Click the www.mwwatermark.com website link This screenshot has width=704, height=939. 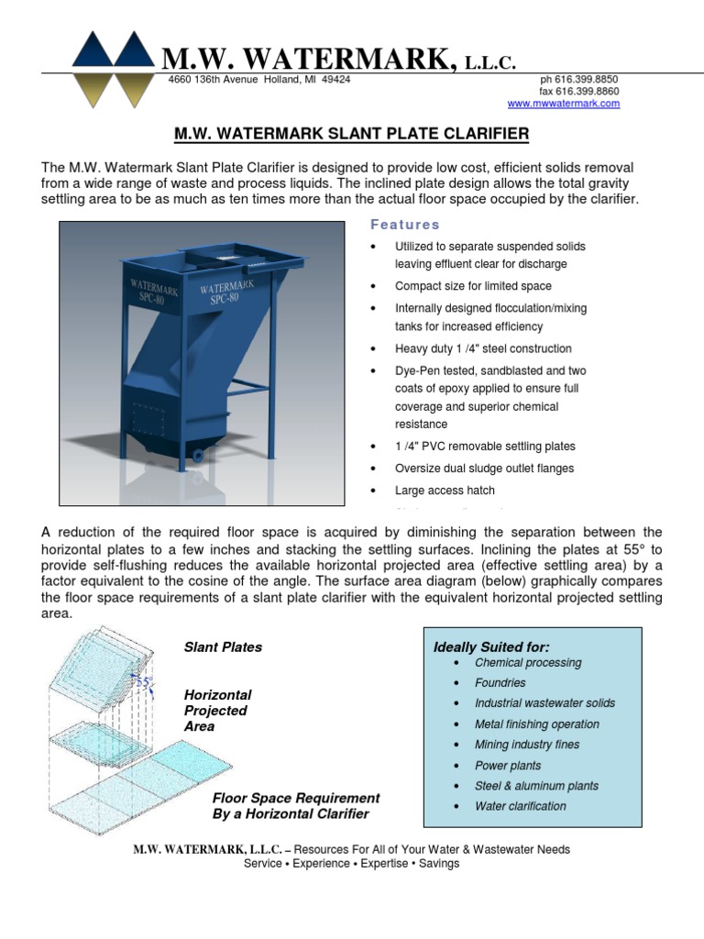(563, 104)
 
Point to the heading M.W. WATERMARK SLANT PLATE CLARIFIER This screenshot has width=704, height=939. (351, 135)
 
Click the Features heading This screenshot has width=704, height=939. (404, 225)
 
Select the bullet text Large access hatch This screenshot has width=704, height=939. (445, 491)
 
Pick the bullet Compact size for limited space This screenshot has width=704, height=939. (473, 286)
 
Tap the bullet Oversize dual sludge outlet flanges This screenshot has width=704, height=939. (484, 469)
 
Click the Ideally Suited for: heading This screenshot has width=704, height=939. (491, 647)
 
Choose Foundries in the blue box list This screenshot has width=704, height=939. (500, 683)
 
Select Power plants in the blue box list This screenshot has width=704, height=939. (508, 766)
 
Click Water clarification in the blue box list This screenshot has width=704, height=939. (521, 806)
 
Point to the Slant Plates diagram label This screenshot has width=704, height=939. (223, 646)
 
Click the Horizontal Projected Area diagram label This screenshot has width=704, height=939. (217, 711)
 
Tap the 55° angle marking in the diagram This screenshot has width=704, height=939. (142, 683)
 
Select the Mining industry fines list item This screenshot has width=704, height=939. (527, 745)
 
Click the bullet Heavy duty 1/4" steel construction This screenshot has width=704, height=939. (483, 348)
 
